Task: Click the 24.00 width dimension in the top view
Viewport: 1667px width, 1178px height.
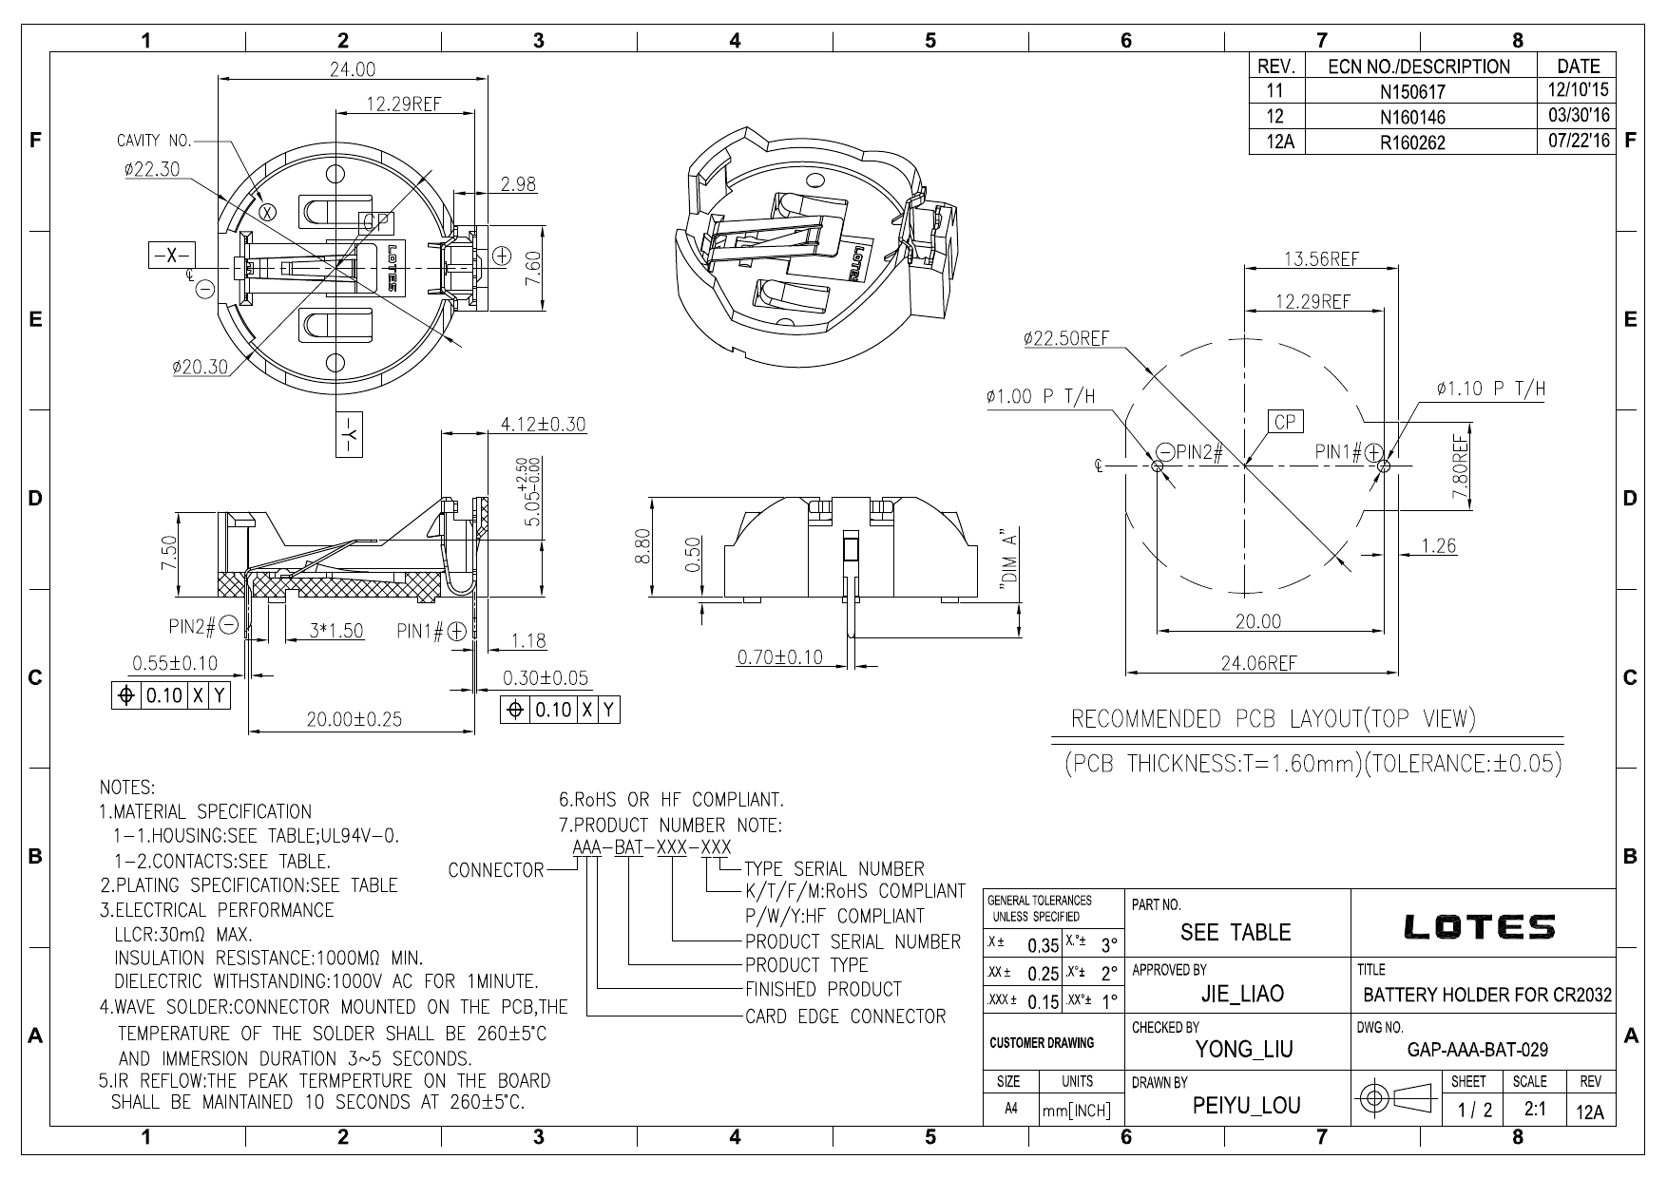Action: [x=353, y=68]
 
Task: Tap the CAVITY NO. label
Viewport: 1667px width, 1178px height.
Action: [x=154, y=142]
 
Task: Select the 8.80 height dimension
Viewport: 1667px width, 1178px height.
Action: [x=642, y=546]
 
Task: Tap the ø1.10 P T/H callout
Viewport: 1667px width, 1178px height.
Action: [x=1491, y=389]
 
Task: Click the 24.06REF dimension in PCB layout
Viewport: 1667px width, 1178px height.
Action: [x=1258, y=663]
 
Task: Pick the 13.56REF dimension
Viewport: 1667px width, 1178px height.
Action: [x=1321, y=258]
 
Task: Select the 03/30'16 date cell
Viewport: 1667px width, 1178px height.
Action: [x=1577, y=116]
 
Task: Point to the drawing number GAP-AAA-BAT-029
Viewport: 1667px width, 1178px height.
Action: [x=1477, y=1050]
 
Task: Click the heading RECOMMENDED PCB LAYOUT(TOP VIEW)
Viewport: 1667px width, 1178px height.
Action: [x=1274, y=719]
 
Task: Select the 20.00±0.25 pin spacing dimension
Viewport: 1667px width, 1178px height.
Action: [x=354, y=719]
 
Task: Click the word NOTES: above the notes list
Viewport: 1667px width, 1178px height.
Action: [x=127, y=788]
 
